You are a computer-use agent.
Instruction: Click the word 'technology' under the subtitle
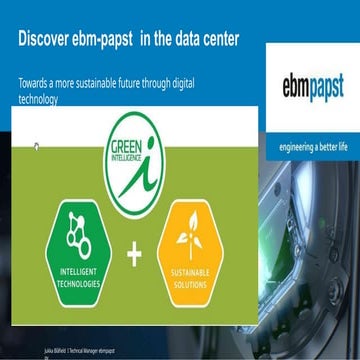point(39,99)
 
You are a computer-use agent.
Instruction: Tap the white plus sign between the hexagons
point(134,255)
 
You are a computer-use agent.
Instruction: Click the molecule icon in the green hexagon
point(77,231)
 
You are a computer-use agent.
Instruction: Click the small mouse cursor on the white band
point(36,147)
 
